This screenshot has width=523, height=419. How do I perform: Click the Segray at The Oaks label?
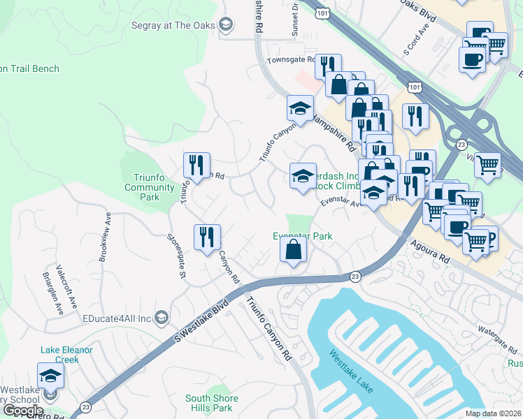click(x=174, y=26)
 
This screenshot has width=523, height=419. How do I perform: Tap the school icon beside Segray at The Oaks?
click(x=226, y=26)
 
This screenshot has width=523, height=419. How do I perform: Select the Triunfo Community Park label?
click(x=150, y=187)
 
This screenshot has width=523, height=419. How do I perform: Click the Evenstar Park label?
click(x=302, y=236)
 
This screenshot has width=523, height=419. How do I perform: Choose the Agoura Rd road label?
click(x=430, y=248)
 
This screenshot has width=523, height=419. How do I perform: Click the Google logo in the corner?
click(x=23, y=411)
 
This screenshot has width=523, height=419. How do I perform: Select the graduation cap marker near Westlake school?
click(x=50, y=377)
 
